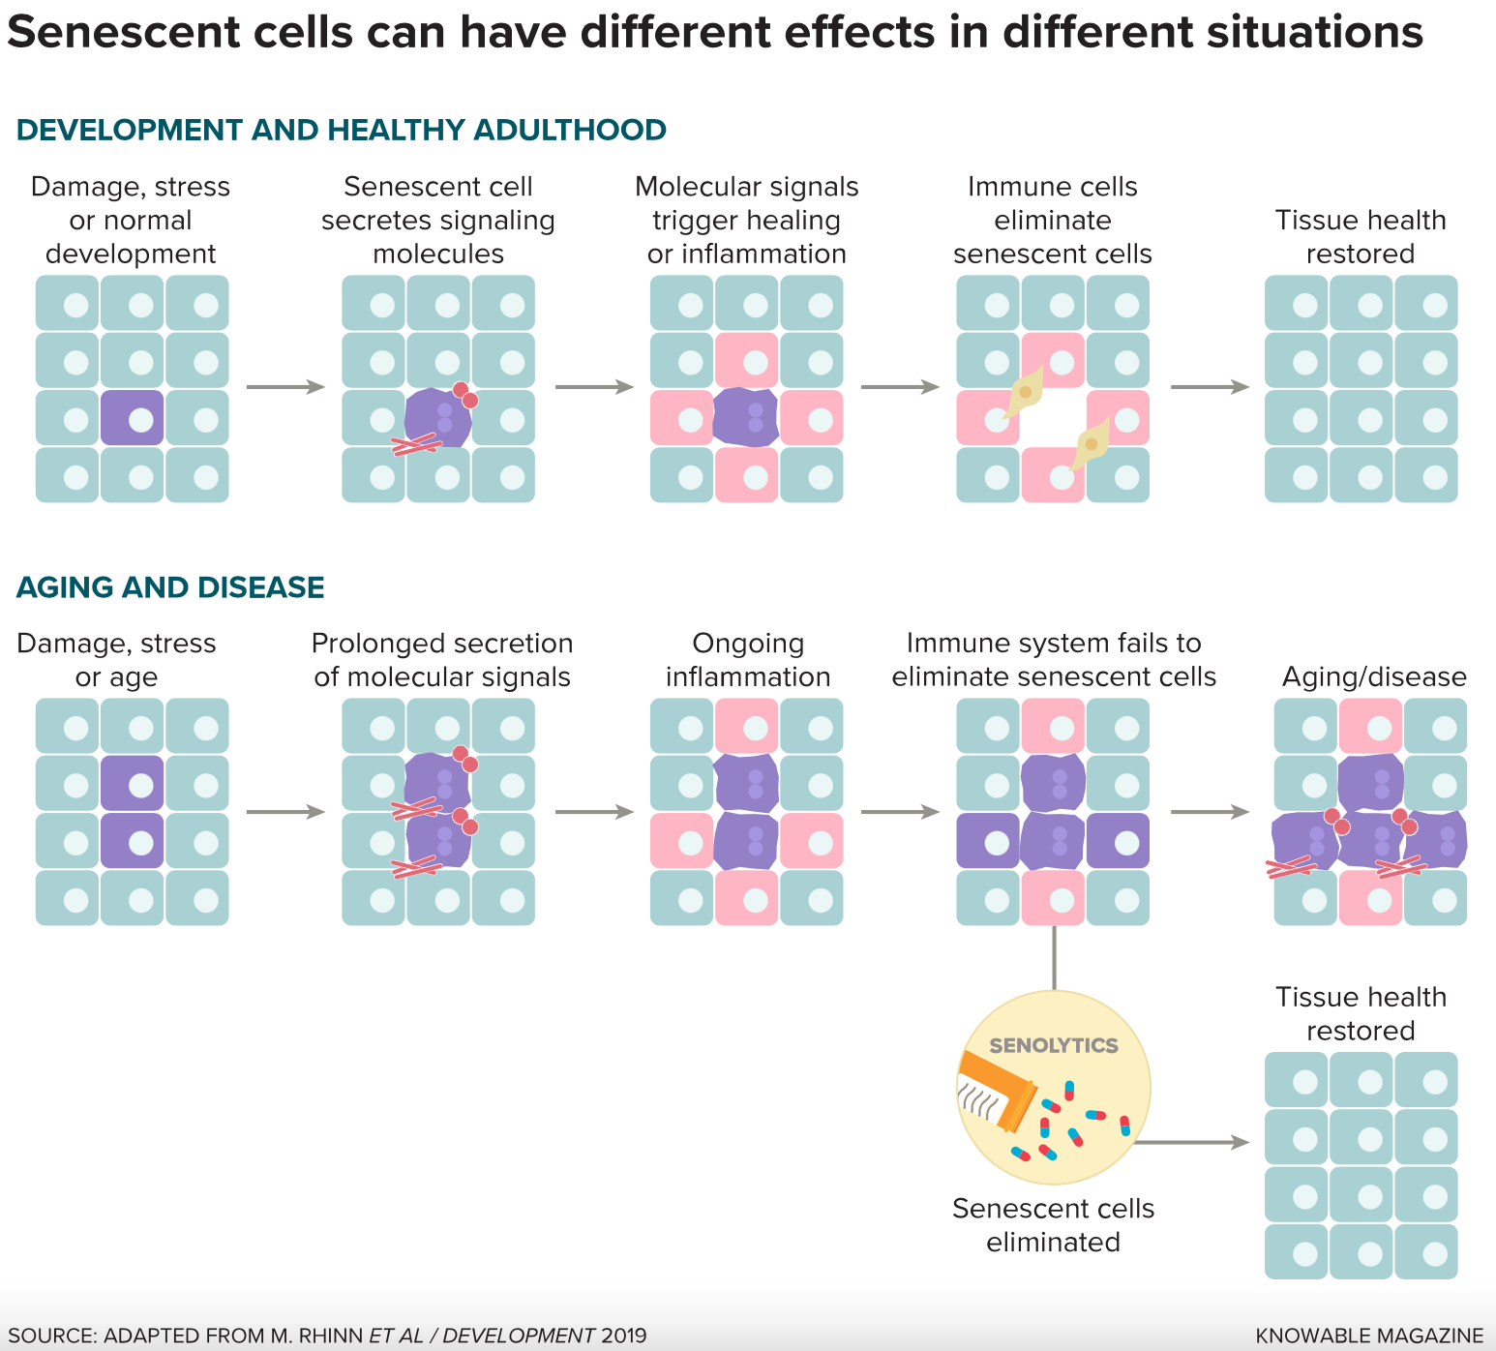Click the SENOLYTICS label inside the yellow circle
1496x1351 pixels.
(x=1053, y=1045)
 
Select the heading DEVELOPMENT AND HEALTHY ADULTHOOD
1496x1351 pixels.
(x=342, y=130)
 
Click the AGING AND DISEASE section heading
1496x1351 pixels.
(x=170, y=587)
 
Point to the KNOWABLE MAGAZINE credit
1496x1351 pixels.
(x=1369, y=1336)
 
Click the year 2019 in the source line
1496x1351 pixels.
(x=623, y=1336)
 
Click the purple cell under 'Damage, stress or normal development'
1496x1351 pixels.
(x=133, y=418)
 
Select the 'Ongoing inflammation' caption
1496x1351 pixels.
(x=748, y=660)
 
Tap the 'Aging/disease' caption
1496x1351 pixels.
(x=1374, y=676)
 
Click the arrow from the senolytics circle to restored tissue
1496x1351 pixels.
(x=1192, y=1142)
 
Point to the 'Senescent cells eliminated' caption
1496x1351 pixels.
(x=1053, y=1225)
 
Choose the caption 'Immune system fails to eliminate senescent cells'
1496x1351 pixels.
(x=1054, y=660)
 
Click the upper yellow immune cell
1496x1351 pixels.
(x=1025, y=391)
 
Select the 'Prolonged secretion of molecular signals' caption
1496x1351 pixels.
(x=442, y=660)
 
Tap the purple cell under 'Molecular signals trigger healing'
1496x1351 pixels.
(x=745, y=418)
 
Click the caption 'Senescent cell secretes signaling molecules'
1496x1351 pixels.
(x=438, y=220)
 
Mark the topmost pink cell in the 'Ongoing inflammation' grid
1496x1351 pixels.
(x=746, y=726)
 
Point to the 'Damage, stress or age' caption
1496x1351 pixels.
(x=116, y=660)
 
